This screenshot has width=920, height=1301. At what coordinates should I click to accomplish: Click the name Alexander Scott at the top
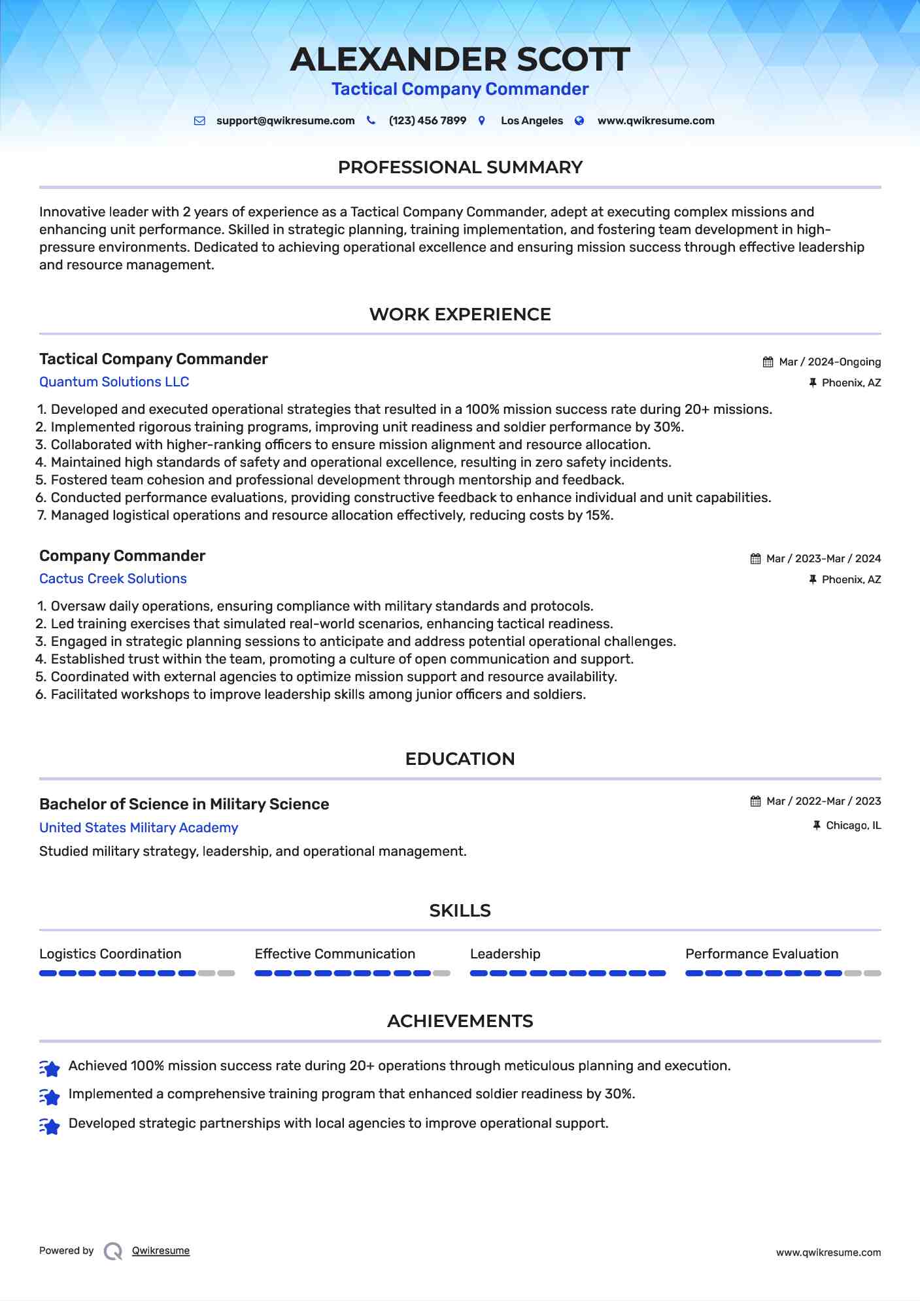pos(460,59)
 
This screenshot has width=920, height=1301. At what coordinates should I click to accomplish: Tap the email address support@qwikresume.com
pos(285,121)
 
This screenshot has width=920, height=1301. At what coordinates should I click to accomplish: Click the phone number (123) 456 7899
pos(427,121)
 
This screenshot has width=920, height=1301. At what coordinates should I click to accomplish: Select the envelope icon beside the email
pos(199,121)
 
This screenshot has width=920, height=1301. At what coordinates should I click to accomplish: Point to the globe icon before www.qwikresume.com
pos(579,121)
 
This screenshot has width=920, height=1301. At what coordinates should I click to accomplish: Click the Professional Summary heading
pos(460,167)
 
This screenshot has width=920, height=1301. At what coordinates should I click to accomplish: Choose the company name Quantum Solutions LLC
pos(114,382)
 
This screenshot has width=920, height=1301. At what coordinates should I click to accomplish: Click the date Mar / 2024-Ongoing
pos(829,362)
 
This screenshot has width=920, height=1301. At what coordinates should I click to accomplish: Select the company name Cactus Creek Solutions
pos(112,579)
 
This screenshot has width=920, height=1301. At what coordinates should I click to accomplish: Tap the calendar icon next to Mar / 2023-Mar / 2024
pos(755,559)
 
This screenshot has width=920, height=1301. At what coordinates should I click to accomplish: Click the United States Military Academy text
pos(139,828)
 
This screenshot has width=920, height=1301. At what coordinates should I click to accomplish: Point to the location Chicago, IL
pos(853,826)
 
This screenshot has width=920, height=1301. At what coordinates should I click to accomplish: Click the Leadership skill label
pos(505,954)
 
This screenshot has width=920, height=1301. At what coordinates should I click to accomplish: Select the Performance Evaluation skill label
pos(761,954)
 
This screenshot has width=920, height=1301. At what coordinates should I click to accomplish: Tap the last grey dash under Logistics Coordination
pos(226,973)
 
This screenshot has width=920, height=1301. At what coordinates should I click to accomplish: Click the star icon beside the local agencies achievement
pos(50,1126)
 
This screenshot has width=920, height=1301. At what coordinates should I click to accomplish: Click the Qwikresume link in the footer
pos(161,1251)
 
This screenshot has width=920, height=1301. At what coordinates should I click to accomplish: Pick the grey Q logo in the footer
pos(113,1251)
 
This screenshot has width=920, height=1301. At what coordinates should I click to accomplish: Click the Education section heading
pos(460,759)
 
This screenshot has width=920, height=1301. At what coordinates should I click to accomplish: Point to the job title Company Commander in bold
pos(122,556)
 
